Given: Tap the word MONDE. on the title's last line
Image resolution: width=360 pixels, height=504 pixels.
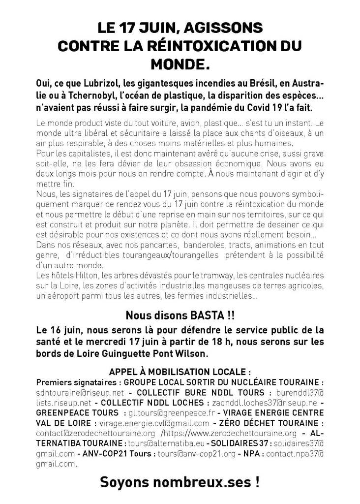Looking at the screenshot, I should point(180,64).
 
